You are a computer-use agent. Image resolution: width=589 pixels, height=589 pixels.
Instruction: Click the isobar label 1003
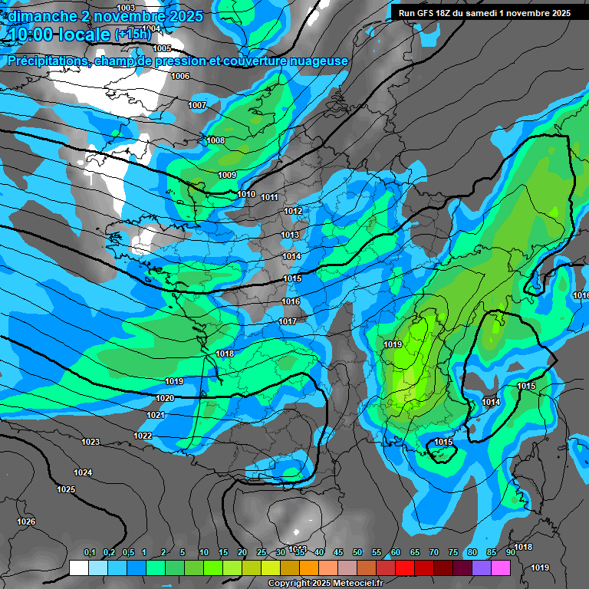coord(126,8)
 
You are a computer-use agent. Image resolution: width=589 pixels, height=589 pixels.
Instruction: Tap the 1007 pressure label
coord(197,105)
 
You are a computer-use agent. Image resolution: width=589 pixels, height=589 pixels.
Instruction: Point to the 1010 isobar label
coord(246,194)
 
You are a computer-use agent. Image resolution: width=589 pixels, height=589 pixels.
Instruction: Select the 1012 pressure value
coord(293,211)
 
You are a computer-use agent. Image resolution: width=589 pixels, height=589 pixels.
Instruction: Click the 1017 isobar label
coord(288,321)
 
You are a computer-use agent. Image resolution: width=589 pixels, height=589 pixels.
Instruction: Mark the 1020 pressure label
coord(165,398)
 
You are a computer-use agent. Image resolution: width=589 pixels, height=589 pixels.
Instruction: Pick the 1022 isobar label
coord(143,436)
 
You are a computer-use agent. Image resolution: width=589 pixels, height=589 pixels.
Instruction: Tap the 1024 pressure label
coord(83,472)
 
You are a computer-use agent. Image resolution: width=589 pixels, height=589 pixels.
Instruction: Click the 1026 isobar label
coord(26,522)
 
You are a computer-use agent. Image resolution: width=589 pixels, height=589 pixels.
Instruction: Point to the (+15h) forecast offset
coord(133,35)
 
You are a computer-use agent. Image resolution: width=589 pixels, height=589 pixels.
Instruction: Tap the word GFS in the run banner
coord(424,13)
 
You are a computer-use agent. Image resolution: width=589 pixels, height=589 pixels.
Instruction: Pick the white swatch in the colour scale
coord(78,568)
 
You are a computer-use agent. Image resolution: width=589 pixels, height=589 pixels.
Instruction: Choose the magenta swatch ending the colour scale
coord(501,568)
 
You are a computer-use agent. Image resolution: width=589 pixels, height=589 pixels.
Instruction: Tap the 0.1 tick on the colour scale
coord(90,553)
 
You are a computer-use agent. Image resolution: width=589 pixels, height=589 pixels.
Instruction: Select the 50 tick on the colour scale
coord(357,553)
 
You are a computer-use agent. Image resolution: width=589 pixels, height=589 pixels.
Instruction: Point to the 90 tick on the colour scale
coord(511,553)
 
